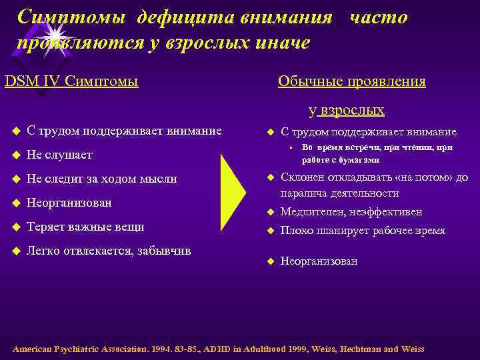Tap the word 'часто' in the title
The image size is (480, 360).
[x=377, y=17]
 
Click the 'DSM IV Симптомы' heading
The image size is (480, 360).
[x=71, y=81]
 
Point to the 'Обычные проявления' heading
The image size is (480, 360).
[x=351, y=81]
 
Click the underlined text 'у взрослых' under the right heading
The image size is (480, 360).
[x=346, y=110]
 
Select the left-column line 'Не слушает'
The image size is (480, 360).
[x=59, y=155]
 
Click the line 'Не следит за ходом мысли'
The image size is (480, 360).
[x=101, y=179]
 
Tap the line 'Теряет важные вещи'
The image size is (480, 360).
[x=85, y=227]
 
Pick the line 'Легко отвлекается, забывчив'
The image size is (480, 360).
[x=109, y=251]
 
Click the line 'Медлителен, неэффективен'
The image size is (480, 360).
[x=351, y=212]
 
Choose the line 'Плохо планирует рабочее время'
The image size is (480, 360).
[x=363, y=231]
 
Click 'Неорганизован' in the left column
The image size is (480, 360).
[x=69, y=203]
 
